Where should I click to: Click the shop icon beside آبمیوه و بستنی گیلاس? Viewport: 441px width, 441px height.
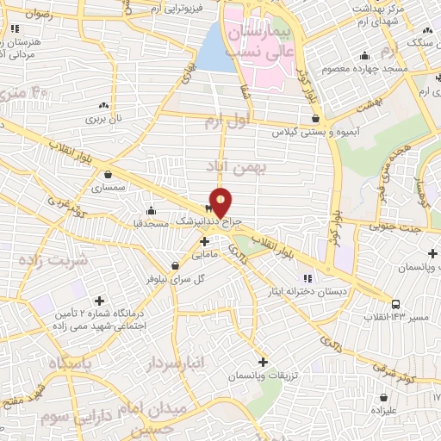[315, 119]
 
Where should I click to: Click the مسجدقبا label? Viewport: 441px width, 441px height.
[156, 222]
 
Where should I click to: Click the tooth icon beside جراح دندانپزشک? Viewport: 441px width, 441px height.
[208, 208]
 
